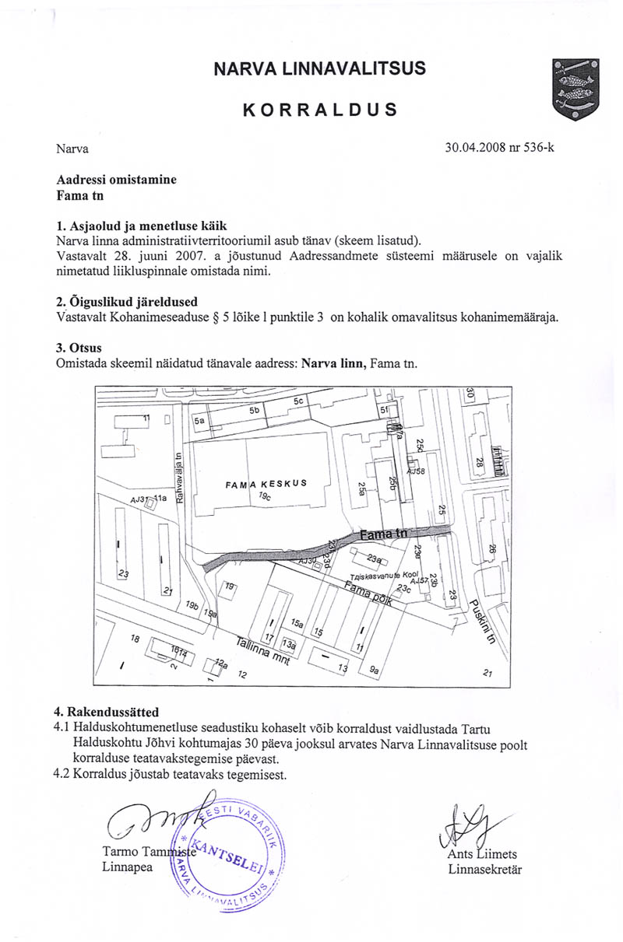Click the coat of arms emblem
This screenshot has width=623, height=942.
573,89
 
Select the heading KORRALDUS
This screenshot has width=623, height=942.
320,109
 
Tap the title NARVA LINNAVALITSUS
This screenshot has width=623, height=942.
320,68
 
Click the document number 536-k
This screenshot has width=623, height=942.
533,147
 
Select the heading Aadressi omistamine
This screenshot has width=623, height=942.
117,180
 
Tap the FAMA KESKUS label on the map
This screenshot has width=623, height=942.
266,484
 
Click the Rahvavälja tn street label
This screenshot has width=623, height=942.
179,478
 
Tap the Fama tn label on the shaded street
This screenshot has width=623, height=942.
384,534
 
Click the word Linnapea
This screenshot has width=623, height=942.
128,867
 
